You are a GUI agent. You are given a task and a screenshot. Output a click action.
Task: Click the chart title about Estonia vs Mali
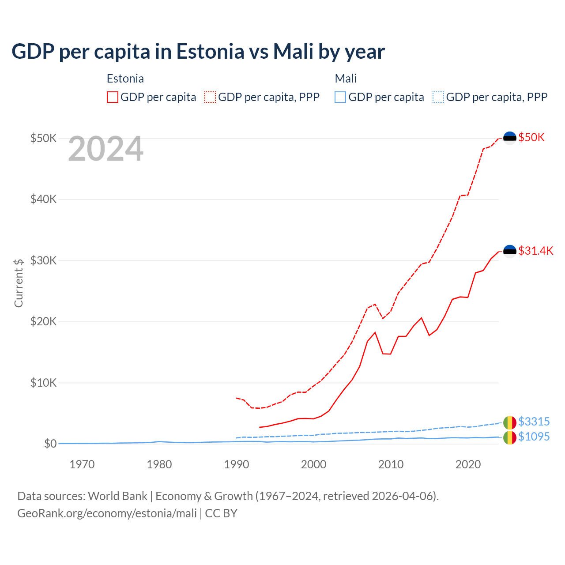click(x=198, y=52)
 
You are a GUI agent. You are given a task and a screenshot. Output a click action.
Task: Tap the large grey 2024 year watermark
click(x=105, y=149)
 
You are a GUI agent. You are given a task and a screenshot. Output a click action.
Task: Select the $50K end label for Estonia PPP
click(x=531, y=137)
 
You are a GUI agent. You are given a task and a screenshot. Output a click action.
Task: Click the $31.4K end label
click(x=535, y=251)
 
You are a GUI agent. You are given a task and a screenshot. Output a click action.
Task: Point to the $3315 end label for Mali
click(x=534, y=422)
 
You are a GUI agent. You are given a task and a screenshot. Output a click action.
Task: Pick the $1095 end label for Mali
click(x=534, y=437)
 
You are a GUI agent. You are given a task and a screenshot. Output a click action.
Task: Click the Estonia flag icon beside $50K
click(x=510, y=138)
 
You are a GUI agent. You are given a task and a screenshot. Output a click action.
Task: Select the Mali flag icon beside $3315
click(x=510, y=422)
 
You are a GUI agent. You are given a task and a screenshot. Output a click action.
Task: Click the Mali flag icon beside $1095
click(x=510, y=437)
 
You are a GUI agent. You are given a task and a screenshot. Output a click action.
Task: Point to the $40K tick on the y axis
click(x=43, y=199)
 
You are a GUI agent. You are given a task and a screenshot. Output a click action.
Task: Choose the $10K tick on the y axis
click(x=43, y=383)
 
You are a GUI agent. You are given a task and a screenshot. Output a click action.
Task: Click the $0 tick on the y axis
click(x=50, y=444)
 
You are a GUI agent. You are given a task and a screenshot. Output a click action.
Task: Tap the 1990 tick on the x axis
click(x=237, y=464)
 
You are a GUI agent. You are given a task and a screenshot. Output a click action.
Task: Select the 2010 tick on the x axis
click(x=391, y=464)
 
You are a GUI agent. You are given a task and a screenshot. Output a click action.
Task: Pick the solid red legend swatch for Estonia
click(x=113, y=97)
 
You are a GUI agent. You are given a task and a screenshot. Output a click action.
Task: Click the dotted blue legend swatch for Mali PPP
click(x=438, y=97)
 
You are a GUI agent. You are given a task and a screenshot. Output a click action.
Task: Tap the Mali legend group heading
click(x=346, y=79)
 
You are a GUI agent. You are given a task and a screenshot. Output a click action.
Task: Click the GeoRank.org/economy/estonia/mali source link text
click(x=107, y=513)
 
